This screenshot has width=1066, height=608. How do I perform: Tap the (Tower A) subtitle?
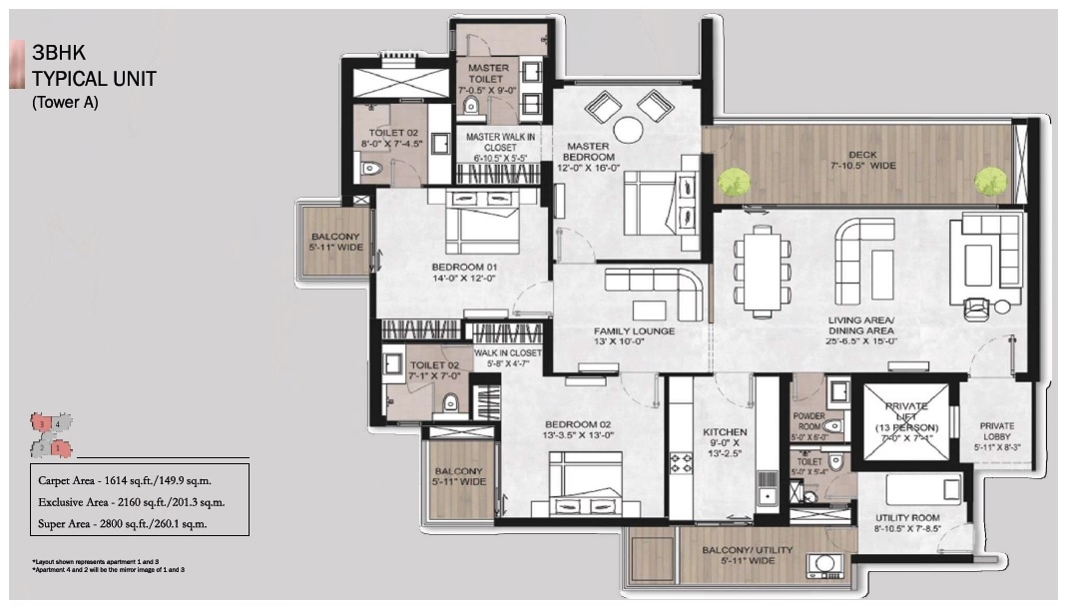(x=65, y=101)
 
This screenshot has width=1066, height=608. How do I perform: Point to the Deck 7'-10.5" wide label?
(x=862, y=161)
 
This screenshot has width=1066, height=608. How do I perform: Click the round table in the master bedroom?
(x=629, y=131)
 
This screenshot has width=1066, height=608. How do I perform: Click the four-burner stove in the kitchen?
(x=682, y=463)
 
